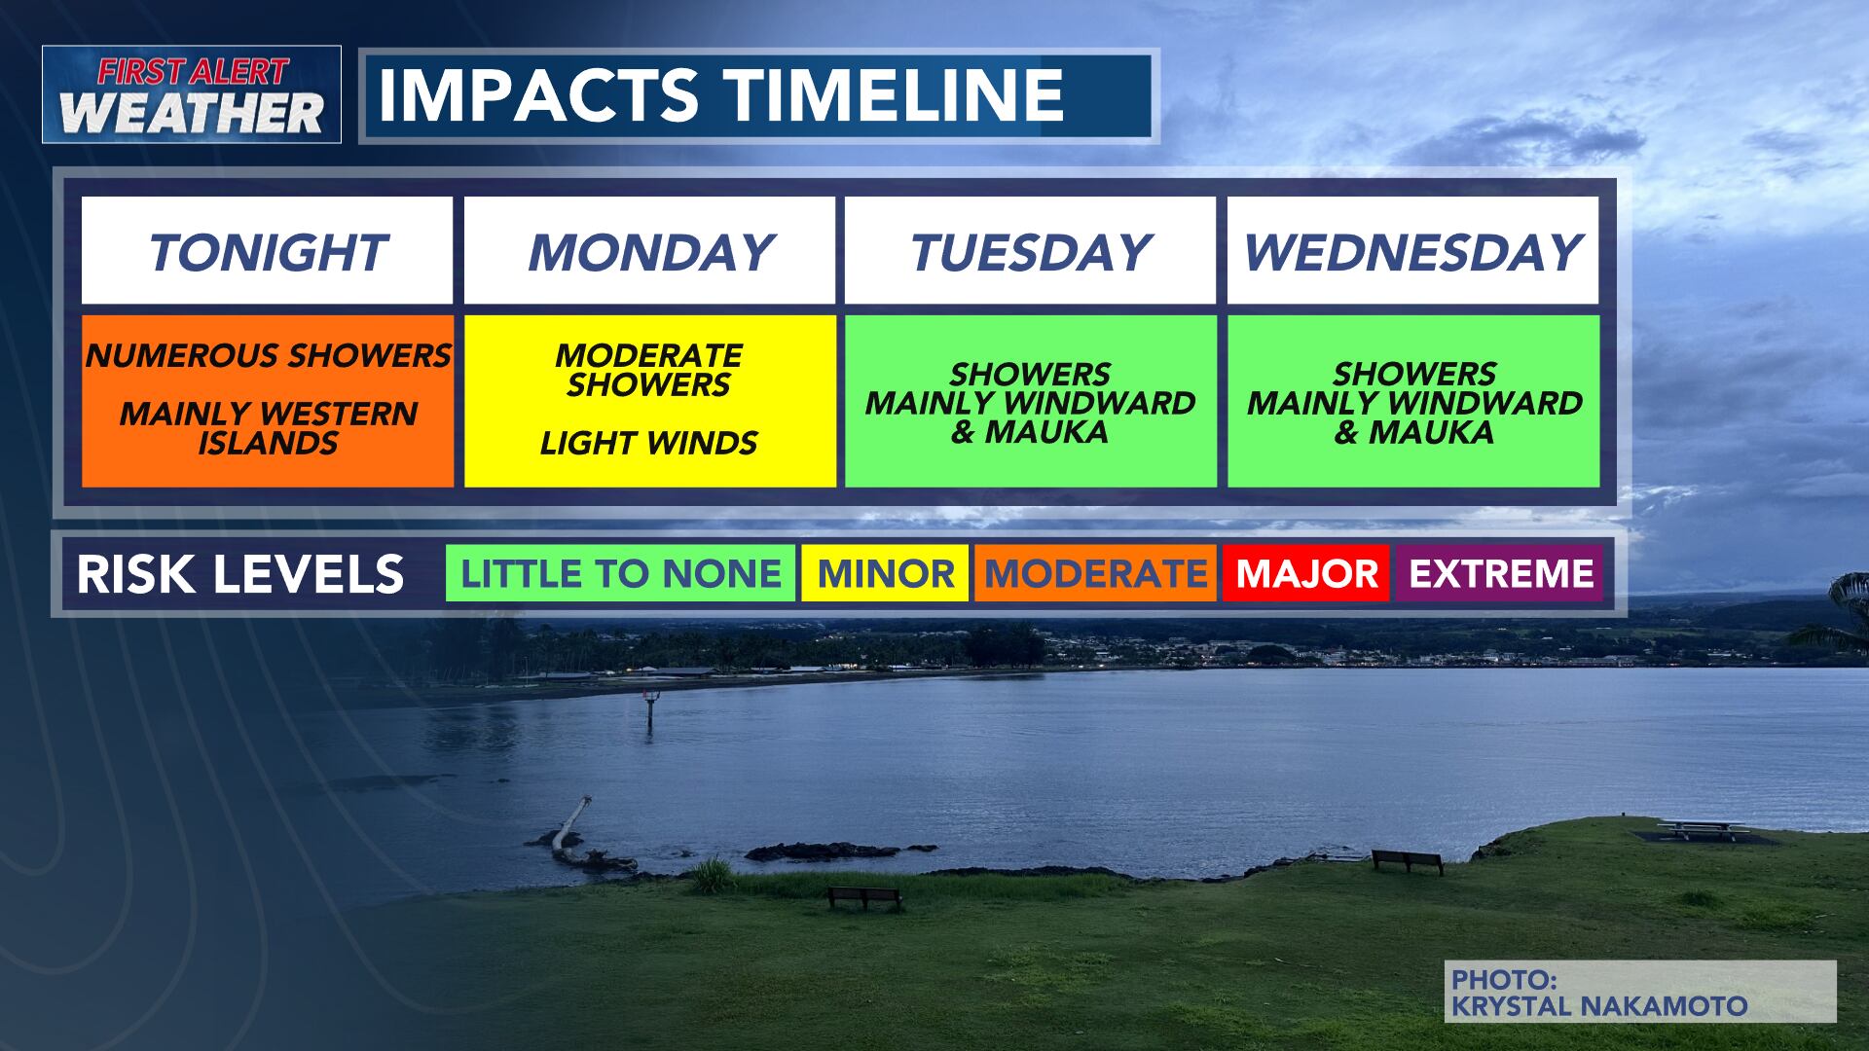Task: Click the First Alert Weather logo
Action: pyautogui.click(x=192, y=94)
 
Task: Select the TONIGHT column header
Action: pyautogui.click(x=267, y=252)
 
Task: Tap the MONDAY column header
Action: pyautogui.click(x=649, y=252)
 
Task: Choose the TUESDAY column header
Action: pyautogui.click(x=1030, y=252)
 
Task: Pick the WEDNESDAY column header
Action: pyautogui.click(x=1412, y=252)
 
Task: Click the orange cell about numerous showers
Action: pyautogui.click(x=268, y=400)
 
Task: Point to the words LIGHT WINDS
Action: pyautogui.click(x=649, y=444)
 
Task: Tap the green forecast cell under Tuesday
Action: pyautogui.click(x=1030, y=401)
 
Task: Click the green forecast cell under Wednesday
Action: pyautogui.click(x=1413, y=401)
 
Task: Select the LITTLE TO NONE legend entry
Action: pyautogui.click(x=620, y=573)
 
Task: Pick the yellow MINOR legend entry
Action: pyautogui.click(x=885, y=573)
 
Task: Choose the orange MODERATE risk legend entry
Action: pyautogui.click(x=1095, y=573)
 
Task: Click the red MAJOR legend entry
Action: pyautogui.click(x=1306, y=573)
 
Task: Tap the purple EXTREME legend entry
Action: pyautogui.click(x=1500, y=573)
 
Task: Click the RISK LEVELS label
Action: pyautogui.click(x=239, y=574)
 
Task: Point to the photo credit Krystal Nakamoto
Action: pyautogui.click(x=1598, y=1005)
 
